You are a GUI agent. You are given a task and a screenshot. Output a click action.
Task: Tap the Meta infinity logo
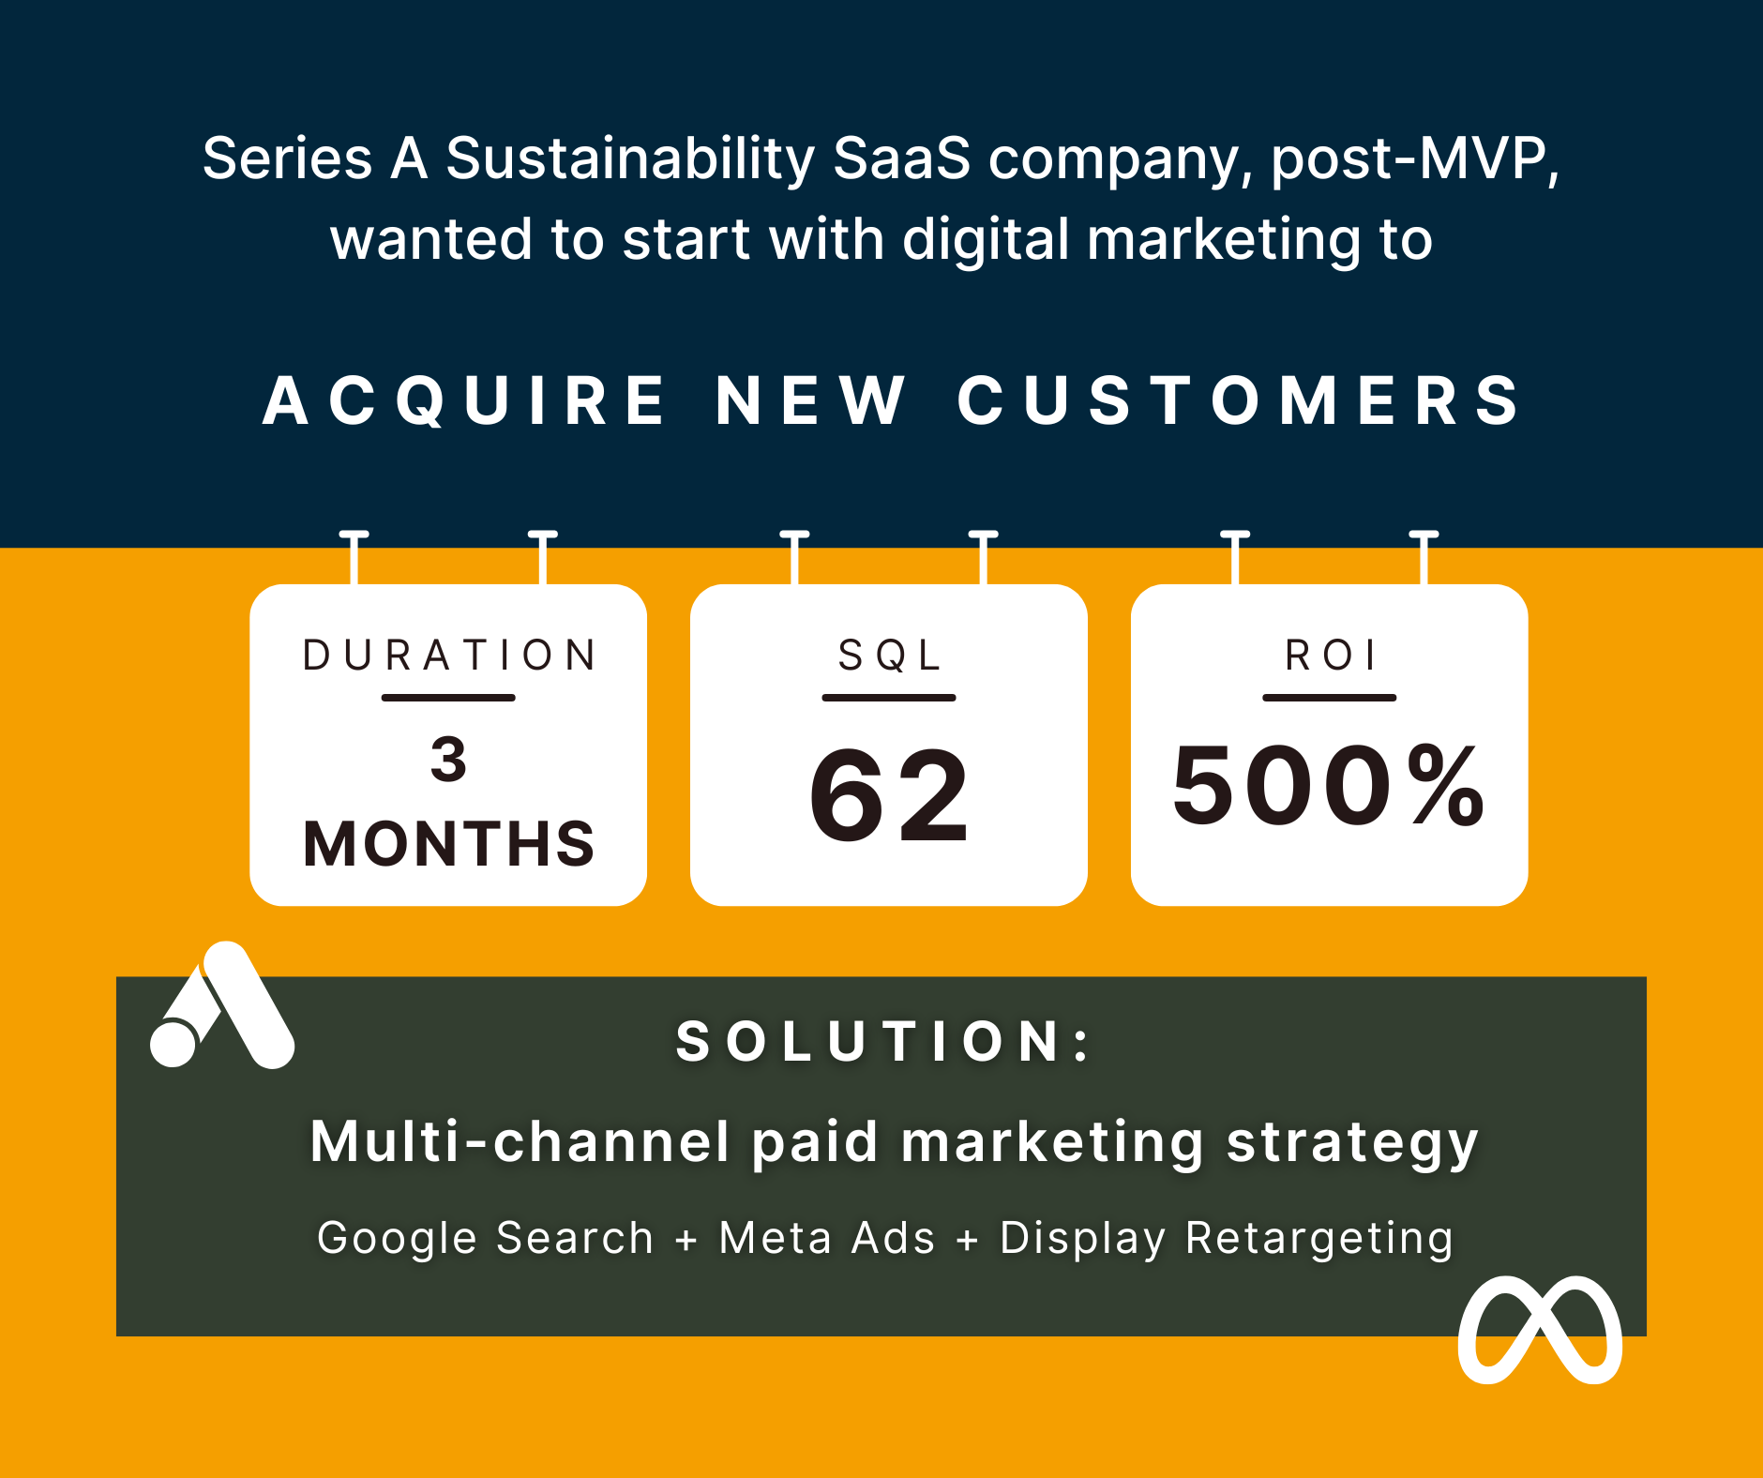1540,1330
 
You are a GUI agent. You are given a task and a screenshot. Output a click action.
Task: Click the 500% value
1329,784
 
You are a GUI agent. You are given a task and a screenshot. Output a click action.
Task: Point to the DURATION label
448,655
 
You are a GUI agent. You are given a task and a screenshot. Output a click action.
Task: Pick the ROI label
1330,655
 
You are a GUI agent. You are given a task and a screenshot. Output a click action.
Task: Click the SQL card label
889,655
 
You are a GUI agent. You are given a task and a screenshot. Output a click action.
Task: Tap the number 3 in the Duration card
448,759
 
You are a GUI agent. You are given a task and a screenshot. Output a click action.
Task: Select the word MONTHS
448,843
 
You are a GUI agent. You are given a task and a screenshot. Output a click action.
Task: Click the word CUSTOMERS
1237,400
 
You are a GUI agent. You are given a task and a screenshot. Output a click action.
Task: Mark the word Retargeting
1319,1238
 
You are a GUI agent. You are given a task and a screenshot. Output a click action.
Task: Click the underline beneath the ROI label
1330,698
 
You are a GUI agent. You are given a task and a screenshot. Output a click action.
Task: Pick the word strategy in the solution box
1352,1143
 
